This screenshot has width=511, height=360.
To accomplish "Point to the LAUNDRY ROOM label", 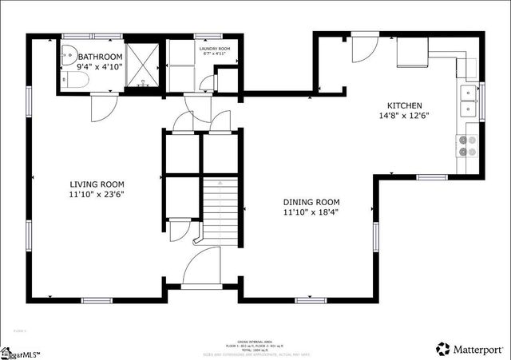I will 214,48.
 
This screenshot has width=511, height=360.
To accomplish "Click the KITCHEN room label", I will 405,105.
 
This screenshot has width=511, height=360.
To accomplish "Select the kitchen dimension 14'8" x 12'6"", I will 405,117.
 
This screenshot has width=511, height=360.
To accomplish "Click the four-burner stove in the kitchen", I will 466,145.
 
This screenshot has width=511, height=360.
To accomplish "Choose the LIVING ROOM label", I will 97,183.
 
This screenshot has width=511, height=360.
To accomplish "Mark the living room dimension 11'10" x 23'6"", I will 97,194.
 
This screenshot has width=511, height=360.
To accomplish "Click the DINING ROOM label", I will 311,202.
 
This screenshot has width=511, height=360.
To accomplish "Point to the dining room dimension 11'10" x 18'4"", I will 311,213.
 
